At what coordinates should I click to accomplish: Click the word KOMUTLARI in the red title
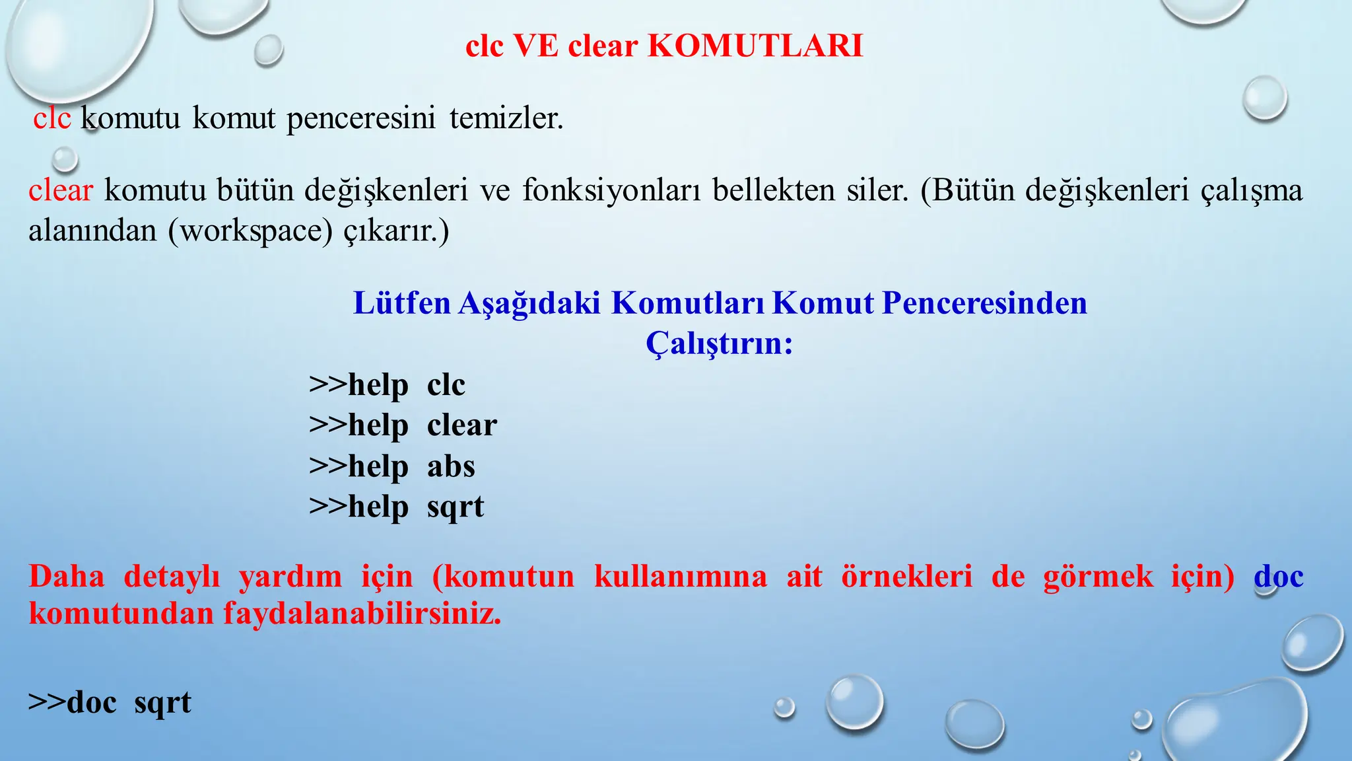pos(755,46)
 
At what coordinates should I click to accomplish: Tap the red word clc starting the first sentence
pos(52,119)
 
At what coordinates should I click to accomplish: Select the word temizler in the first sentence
pos(506,119)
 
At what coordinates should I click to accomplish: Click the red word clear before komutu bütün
pos(61,191)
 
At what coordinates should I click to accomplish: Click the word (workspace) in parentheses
pos(251,231)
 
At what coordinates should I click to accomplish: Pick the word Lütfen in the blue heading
pos(401,303)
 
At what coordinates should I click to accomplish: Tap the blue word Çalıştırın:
pos(719,344)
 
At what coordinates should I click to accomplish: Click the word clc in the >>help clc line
pos(446,385)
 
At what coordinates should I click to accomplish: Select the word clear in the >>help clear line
pos(461,425)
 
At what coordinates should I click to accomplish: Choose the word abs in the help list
pos(451,466)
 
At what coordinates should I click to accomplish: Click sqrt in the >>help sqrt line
pos(456,507)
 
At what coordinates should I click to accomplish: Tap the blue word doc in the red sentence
pos(1278,576)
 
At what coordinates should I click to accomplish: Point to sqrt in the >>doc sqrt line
pos(162,703)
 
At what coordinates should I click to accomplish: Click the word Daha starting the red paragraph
pos(67,576)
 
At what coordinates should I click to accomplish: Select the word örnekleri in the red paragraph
pos(906,576)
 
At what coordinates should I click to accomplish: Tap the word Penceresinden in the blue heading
pos(984,303)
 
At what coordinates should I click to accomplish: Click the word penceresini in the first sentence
pos(361,119)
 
